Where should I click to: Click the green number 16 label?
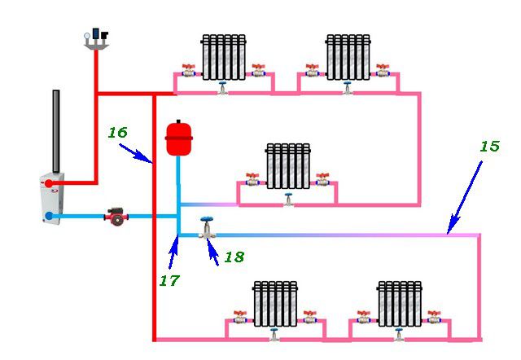pos(117,133)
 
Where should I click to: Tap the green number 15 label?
pos(489,147)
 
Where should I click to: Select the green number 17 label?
pos(169,280)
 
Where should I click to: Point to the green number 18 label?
pos(234,257)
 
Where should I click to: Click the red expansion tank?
pos(179,138)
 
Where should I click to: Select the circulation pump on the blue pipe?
pos(116,217)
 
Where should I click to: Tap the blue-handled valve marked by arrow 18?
pos(207,228)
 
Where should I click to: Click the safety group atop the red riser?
pos(96,39)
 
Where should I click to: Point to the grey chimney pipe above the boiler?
pos(56,131)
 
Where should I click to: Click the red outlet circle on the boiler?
pos(49,183)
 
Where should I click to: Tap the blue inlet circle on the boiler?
pos(49,216)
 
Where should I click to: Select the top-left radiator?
pos(224,57)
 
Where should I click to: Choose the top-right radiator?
pos(348,57)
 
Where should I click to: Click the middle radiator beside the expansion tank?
pos(288,166)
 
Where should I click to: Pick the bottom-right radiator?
pos(400,304)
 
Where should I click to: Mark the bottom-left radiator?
pos(275,304)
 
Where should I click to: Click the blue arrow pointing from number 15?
pos(465,198)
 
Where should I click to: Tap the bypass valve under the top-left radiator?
pos(222,88)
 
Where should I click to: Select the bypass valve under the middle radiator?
pos(288,200)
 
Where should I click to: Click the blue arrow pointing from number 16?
pos(136,154)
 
